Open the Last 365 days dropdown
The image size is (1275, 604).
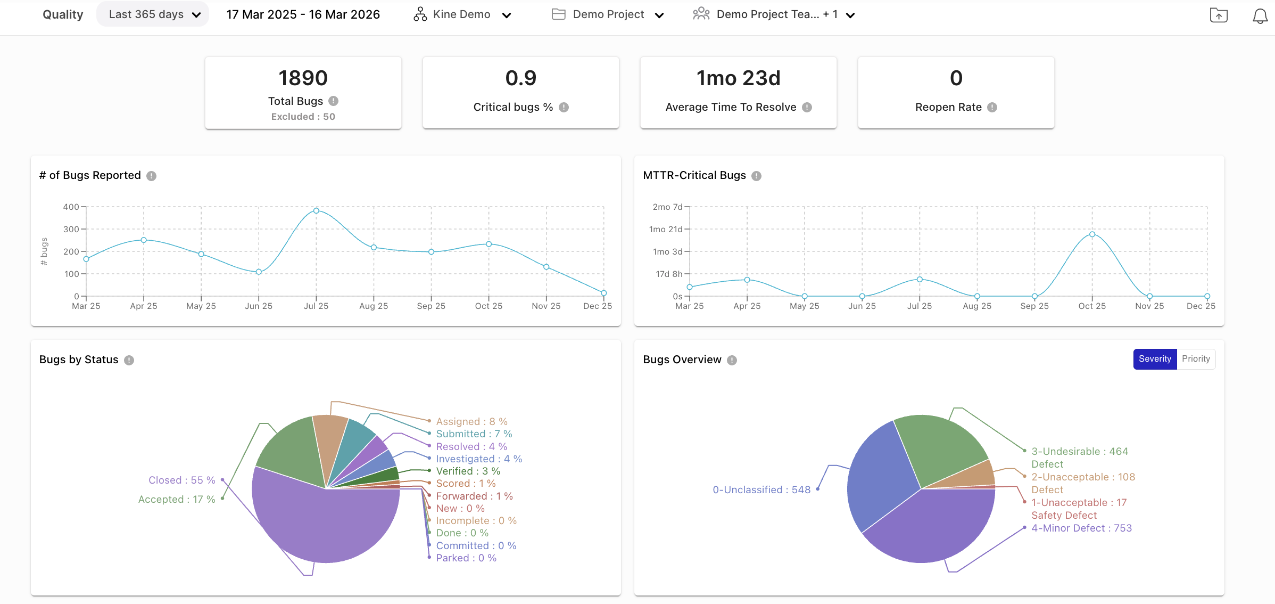(x=153, y=14)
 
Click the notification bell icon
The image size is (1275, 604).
(x=1260, y=15)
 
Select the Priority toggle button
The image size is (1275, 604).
(x=1196, y=359)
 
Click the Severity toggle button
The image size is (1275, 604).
(x=1154, y=359)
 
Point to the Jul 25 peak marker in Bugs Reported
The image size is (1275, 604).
(x=316, y=211)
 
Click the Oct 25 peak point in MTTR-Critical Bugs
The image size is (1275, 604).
(x=1092, y=234)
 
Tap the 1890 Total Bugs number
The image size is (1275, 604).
(x=303, y=78)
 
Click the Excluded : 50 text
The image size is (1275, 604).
(x=303, y=117)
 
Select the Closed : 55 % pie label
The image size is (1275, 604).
(x=181, y=480)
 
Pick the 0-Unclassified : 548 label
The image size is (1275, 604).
(x=761, y=490)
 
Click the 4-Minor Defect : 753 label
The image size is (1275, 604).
(x=1081, y=528)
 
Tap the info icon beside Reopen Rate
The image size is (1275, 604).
(x=992, y=108)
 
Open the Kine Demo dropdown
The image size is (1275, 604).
(x=462, y=15)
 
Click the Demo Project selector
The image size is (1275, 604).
(x=608, y=15)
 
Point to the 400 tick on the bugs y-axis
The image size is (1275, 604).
(x=71, y=207)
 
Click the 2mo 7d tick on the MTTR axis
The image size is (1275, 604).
(x=667, y=207)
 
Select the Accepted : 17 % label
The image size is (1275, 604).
(x=176, y=500)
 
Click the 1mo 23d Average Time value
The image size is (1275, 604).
(x=738, y=78)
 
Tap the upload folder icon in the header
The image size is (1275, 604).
(x=1219, y=15)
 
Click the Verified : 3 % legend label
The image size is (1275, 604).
(x=468, y=471)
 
